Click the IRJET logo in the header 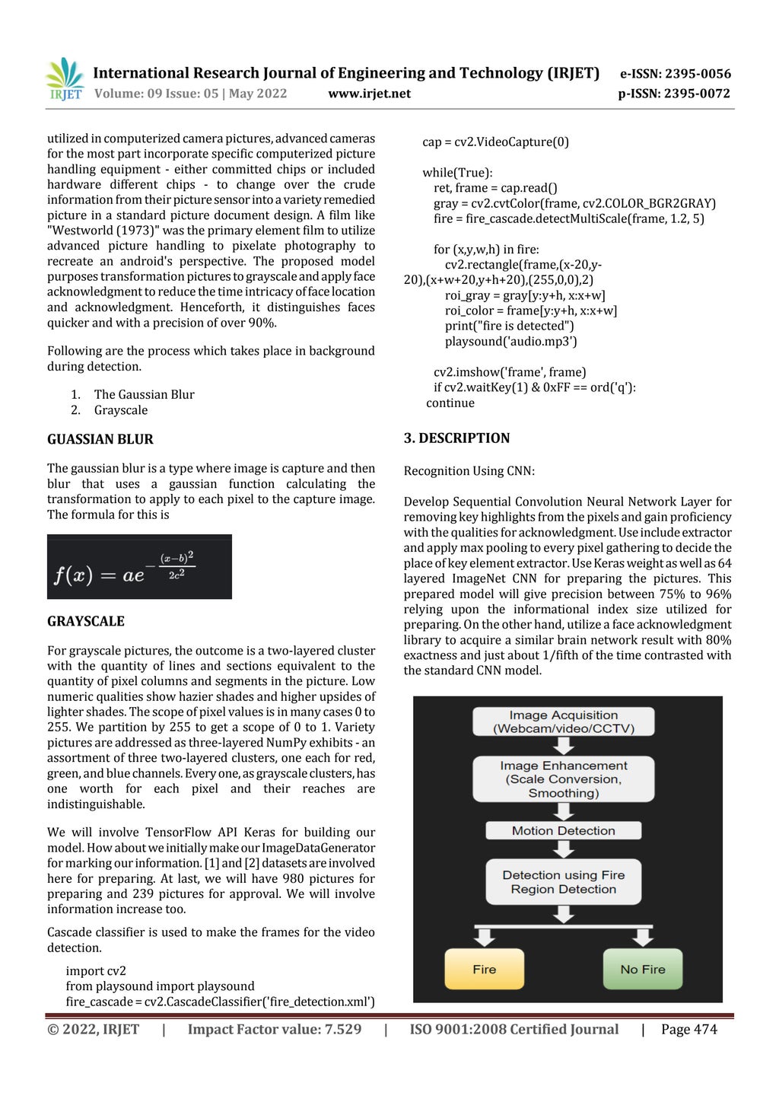[65, 79]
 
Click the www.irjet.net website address [369, 94]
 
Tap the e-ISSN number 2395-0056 [675, 74]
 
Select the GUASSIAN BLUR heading [100, 439]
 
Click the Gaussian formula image [139, 567]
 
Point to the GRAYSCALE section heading [85, 621]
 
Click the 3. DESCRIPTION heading [456, 438]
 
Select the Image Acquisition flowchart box [563, 721]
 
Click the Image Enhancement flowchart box [563, 779]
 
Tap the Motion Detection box [563, 830]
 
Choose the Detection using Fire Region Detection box [563, 882]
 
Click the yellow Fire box [484, 969]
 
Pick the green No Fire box [643, 969]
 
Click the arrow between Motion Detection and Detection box [563, 849]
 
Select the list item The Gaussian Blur [144, 394]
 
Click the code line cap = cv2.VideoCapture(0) [495, 142]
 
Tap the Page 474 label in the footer [688, 1029]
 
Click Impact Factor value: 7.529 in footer [275, 1029]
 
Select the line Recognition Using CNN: [469, 471]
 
